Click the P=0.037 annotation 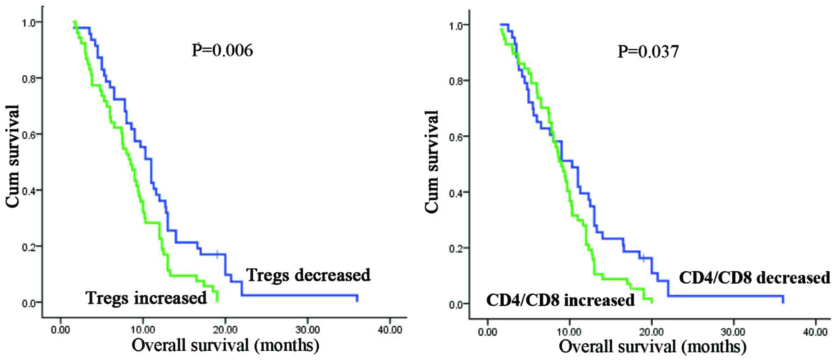point(648,51)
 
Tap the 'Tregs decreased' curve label point(308,275)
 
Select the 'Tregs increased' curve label point(146,297)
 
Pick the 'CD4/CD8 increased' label point(560,300)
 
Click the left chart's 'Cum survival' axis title point(13,156)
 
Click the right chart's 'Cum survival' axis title point(432,161)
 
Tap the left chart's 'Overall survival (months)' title point(225,346)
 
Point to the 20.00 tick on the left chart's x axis point(225,330)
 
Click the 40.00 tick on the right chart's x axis point(816,332)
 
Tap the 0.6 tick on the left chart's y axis point(29,134)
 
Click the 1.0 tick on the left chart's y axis point(29,22)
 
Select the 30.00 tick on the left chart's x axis point(307,330)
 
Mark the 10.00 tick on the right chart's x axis point(570,332)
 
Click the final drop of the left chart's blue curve point(358,298)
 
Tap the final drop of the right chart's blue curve point(783,300)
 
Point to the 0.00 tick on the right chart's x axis point(487,332)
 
